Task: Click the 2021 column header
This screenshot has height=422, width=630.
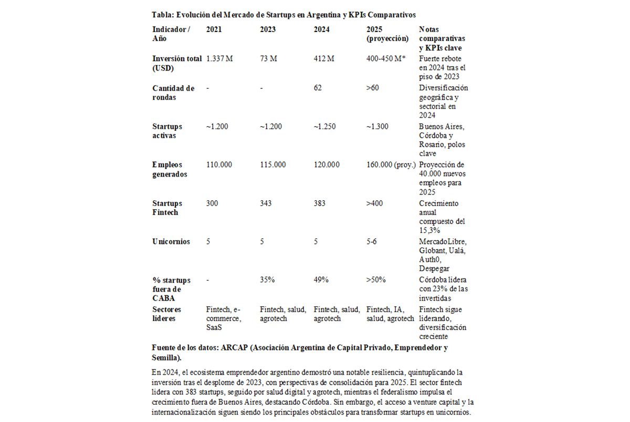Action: tap(214, 29)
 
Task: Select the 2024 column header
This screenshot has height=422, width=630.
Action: tap(321, 29)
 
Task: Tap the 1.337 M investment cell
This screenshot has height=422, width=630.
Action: tap(219, 59)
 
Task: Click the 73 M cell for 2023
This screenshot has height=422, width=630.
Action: tap(268, 59)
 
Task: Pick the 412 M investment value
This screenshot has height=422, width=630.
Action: tap(323, 59)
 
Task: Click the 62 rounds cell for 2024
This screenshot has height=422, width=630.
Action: tap(318, 88)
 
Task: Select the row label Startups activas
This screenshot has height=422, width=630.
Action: tap(167, 131)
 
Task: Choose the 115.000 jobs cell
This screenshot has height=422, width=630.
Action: tap(273, 164)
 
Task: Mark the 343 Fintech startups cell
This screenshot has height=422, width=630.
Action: tap(266, 203)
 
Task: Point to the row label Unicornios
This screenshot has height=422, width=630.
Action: tap(171, 242)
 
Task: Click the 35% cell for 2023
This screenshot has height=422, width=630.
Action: tap(267, 280)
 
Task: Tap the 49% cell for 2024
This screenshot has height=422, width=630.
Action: tap(321, 280)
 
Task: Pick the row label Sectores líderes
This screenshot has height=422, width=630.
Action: tap(167, 314)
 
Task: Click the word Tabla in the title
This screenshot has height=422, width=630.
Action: tap(163, 14)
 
